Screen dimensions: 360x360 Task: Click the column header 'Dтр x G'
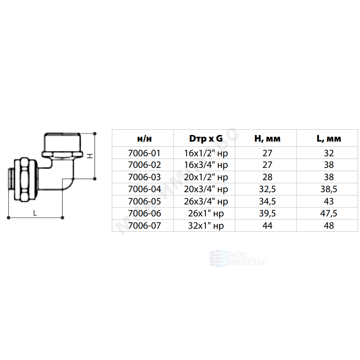(x=206, y=138)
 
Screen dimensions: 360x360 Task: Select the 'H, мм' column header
(x=267, y=138)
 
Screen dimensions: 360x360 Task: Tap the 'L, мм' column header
(x=328, y=138)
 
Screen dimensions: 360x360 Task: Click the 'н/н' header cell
(x=144, y=139)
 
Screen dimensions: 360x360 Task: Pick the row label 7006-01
(x=144, y=153)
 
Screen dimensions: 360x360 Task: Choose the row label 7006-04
(x=144, y=189)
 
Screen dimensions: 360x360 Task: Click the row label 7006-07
(x=144, y=226)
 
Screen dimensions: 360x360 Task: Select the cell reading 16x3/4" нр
(x=206, y=165)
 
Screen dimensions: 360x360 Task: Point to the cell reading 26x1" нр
(x=206, y=213)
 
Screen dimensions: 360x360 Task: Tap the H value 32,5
(x=267, y=189)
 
